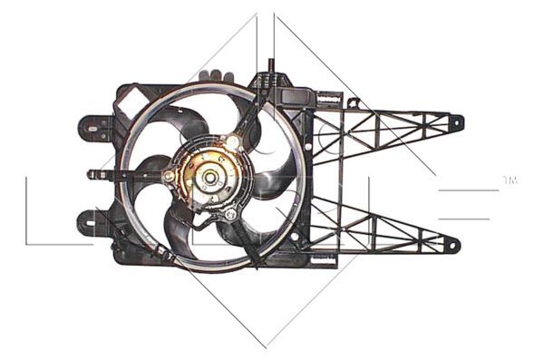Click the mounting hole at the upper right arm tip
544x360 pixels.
[x=455, y=121]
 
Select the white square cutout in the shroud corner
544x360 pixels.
[x=131, y=96]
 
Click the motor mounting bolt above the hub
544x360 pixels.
[x=233, y=141]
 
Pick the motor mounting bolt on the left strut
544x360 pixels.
[x=170, y=175]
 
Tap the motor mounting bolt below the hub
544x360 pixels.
[x=230, y=215]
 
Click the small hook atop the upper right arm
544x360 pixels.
[x=353, y=103]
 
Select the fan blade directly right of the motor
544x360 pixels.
[x=272, y=178]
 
